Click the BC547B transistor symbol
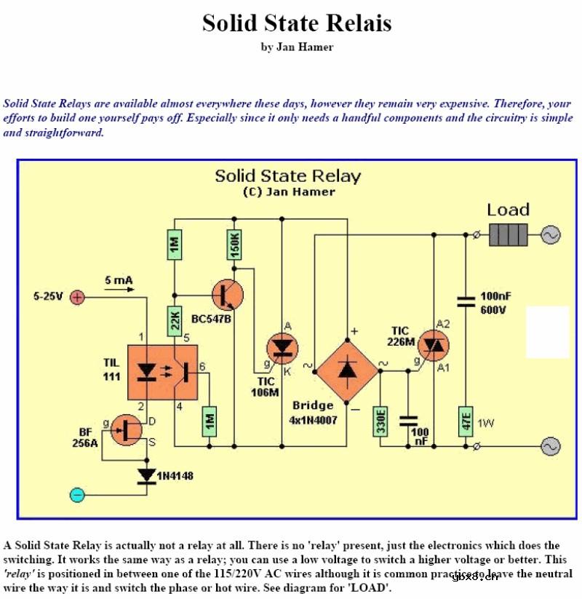227,295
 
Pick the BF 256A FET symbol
127,431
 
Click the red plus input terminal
78,297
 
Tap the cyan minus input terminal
78,496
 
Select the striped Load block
508,235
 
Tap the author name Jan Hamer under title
297,47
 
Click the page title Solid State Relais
297,23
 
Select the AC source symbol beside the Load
550,235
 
